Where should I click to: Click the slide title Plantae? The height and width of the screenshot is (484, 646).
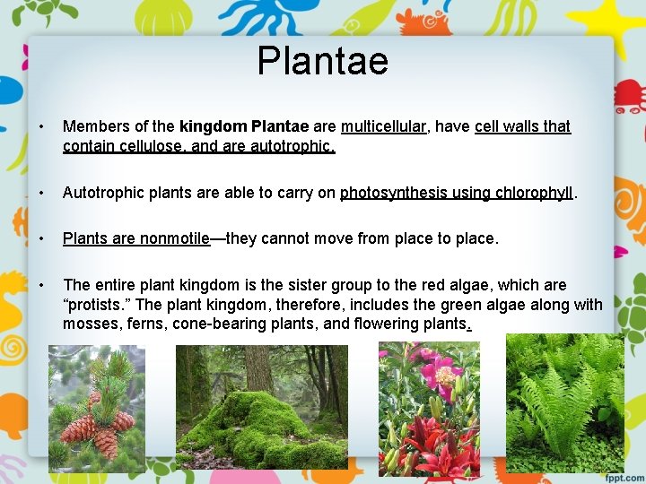pos(323,61)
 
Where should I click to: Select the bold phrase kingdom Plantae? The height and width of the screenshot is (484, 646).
pos(244,126)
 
